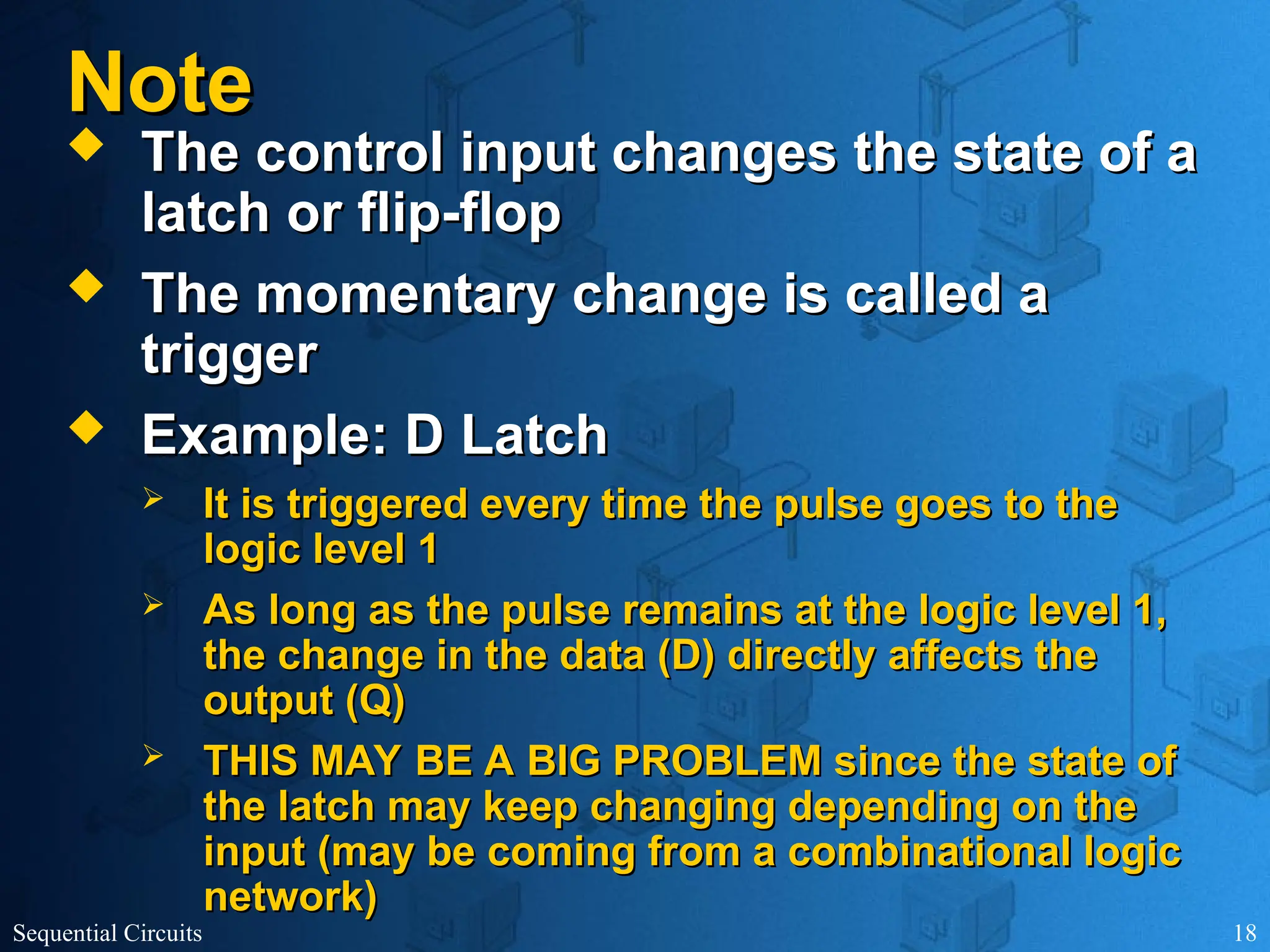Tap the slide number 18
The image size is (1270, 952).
click(1245, 933)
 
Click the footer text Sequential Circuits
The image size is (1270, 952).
click(107, 933)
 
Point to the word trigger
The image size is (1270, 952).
click(229, 356)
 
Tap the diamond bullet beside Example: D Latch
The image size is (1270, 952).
click(86, 430)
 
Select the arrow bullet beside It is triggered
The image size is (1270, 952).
click(153, 498)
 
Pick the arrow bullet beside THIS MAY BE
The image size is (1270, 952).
click(153, 755)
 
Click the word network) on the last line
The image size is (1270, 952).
click(290, 897)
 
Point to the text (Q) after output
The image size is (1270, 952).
click(375, 702)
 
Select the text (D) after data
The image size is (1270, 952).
click(685, 656)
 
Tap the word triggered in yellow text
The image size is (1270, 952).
click(377, 504)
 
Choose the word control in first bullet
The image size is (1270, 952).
click(349, 153)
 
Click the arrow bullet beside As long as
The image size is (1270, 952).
click(153, 604)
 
